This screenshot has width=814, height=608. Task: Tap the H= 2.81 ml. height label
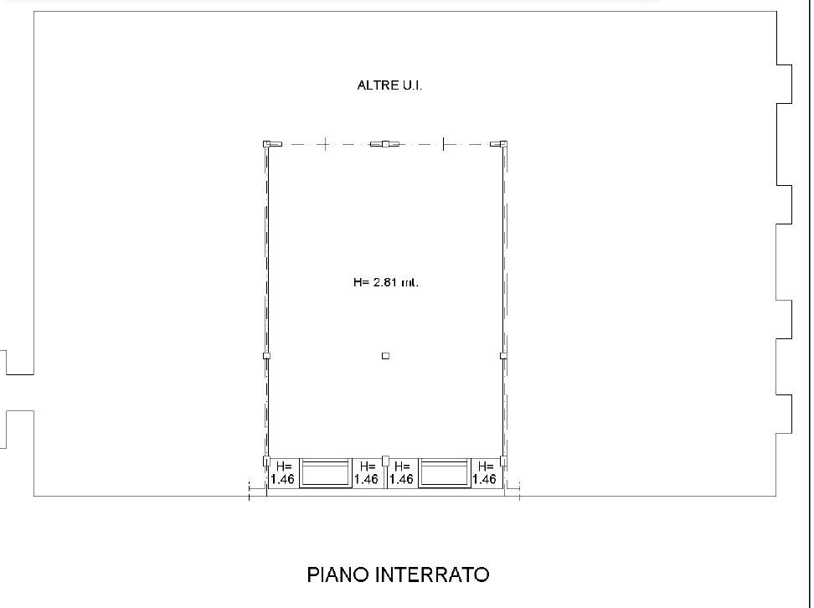[x=386, y=282]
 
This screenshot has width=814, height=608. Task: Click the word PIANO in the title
[x=338, y=575]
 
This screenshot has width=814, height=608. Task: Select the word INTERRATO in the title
[x=432, y=575]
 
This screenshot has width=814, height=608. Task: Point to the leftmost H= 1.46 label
[x=283, y=472]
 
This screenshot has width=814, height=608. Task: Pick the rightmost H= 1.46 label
[x=484, y=472]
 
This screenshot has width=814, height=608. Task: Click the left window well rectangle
[x=326, y=472]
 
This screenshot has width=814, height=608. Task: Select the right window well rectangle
[x=445, y=472]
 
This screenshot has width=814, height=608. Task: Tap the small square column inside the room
[x=385, y=356]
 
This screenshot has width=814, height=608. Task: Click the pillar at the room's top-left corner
[x=267, y=144]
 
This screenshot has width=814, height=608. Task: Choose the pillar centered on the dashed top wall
[x=385, y=144]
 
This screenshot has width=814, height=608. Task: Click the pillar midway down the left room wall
[x=267, y=356]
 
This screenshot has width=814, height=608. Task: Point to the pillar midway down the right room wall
[x=503, y=356]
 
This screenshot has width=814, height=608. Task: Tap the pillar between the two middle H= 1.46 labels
[x=385, y=461]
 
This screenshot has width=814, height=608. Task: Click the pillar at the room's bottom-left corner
[x=267, y=461]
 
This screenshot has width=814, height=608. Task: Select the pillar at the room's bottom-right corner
[x=503, y=461]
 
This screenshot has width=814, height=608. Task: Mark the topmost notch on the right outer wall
[x=785, y=84]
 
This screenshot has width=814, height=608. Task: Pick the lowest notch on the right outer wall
[x=785, y=414]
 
